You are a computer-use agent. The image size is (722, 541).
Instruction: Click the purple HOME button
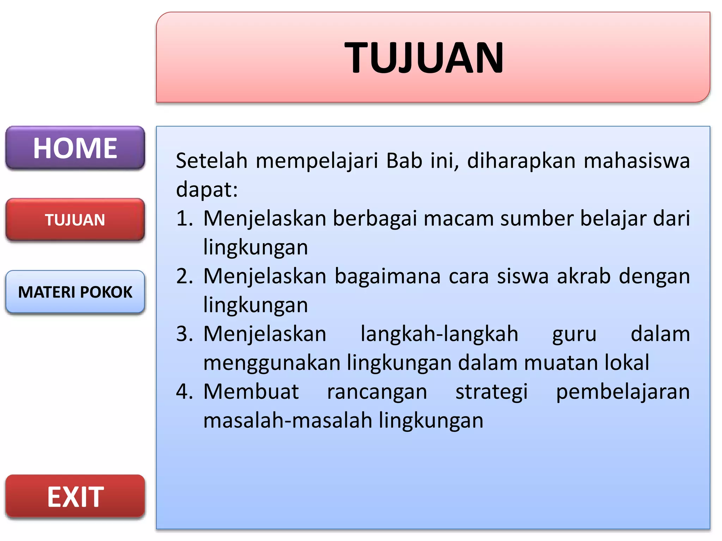coord(75,148)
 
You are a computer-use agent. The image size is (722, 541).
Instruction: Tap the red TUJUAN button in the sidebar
coord(75,220)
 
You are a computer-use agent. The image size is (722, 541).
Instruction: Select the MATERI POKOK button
coord(75,292)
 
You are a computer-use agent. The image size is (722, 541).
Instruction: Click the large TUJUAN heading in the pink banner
coord(424,57)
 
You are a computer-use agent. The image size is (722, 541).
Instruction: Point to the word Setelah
coord(212,161)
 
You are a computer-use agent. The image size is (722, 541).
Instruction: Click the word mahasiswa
coord(637,161)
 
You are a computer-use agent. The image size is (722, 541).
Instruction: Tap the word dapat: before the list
coord(207,189)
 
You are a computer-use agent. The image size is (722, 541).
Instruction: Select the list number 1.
coord(184,218)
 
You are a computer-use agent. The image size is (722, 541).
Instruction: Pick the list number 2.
coord(184,276)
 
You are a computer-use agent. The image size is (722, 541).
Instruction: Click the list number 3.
coord(184,334)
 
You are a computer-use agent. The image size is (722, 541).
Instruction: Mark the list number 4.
coord(184,392)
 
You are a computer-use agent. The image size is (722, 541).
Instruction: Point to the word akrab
coord(584,276)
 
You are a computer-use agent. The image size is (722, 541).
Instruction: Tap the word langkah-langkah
coord(439,334)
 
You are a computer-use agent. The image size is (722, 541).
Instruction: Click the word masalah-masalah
coord(288,421)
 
